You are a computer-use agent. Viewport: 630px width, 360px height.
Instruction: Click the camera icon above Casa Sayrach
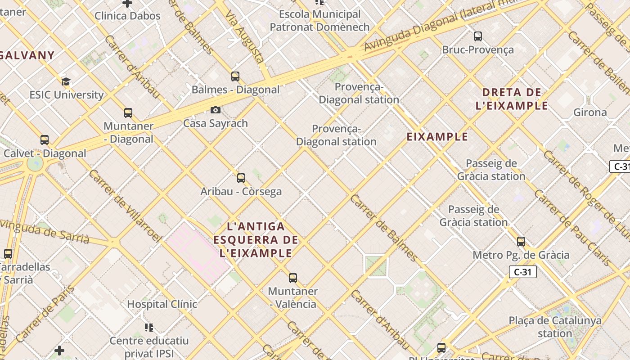216,110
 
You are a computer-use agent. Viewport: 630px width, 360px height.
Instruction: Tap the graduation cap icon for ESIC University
66,82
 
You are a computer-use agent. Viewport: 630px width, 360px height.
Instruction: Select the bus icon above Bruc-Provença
478,36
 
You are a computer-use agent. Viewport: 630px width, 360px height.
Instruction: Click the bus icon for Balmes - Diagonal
235,76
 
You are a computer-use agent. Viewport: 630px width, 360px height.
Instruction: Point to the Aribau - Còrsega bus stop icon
241,178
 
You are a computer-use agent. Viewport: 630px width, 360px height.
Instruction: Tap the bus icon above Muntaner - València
293,278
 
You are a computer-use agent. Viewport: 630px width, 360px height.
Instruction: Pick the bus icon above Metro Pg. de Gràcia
521,242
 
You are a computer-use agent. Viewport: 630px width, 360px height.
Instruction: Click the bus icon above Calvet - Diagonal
44,140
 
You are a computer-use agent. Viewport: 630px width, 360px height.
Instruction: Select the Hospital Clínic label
162,304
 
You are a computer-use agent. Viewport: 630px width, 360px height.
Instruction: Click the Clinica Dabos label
127,16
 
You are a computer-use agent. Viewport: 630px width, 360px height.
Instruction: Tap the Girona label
590,112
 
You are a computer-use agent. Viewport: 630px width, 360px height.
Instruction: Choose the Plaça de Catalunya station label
555,327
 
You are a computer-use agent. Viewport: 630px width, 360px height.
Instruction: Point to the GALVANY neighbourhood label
27,56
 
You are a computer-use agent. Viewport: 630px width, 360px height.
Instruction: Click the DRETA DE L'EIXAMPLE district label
512,99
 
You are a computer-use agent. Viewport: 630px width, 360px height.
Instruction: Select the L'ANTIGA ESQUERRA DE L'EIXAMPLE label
256,239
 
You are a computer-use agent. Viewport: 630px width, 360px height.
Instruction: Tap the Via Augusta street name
244,38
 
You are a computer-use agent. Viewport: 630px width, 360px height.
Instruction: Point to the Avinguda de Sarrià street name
45,231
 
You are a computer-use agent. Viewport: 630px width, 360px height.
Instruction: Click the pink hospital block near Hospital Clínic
198,252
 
